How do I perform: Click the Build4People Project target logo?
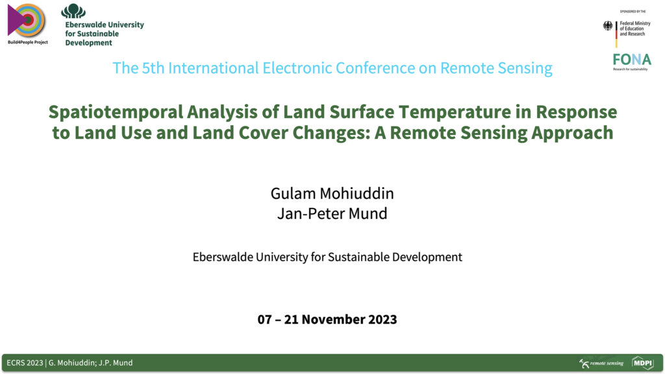[x=26, y=20]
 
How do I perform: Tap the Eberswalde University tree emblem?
[x=73, y=11]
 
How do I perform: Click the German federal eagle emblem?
[x=608, y=26]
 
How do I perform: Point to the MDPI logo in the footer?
[x=642, y=363]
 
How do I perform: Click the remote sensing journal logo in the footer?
[x=601, y=363]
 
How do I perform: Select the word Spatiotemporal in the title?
[x=116, y=112]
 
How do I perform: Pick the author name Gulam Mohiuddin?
[x=332, y=193]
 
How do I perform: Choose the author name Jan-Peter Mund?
[x=332, y=213]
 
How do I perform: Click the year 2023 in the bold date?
[x=380, y=319]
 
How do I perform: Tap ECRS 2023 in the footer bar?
[x=25, y=363]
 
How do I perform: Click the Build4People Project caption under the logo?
[x=27, y=42]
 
